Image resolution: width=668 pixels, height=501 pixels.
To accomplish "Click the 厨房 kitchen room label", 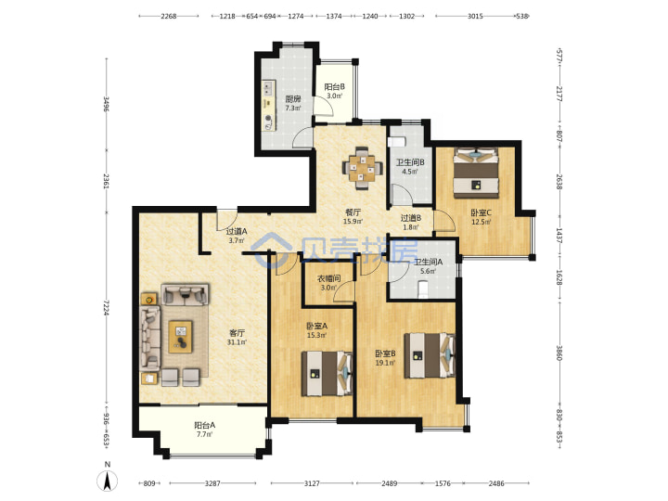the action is (293, 99).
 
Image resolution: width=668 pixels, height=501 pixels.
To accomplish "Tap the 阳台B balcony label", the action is (335, 87).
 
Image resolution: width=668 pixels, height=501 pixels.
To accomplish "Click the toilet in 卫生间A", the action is (423, 289).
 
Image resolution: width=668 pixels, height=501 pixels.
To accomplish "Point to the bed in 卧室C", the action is (476, 173).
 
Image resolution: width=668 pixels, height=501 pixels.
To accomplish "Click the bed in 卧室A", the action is (328, 373).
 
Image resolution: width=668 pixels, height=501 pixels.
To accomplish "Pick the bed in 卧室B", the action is (430, 355).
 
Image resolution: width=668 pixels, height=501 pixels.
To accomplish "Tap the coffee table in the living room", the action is (181, 337).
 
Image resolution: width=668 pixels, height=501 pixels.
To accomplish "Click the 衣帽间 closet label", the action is (328, 278).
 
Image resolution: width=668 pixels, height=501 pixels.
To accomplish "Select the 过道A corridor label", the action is (237, 231).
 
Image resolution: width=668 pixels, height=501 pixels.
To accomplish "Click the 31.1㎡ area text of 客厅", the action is (237, 342).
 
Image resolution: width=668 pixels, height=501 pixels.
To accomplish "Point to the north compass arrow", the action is (108, 482).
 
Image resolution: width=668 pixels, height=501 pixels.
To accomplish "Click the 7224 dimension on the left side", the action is (106, 308).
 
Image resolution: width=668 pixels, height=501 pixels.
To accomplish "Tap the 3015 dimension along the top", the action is (475, 16).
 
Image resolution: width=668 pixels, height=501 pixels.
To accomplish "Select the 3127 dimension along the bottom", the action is (312, 483).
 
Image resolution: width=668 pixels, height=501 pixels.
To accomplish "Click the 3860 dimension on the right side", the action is (559, 352).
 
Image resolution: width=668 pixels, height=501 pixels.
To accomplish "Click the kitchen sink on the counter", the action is (268, 88).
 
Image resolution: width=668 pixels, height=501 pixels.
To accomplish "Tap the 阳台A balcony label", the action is (204, 425).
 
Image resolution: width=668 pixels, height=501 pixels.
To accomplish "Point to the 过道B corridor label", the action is (411, 218).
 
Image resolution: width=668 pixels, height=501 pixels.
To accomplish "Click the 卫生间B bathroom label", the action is (410, 162).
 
